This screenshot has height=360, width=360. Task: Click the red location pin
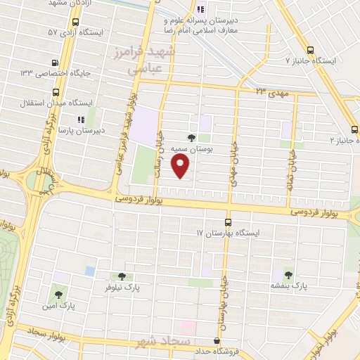181,166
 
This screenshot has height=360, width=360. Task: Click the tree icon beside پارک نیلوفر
122,276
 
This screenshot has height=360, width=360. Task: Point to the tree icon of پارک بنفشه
288,274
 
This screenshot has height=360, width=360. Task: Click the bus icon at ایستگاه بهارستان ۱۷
226,221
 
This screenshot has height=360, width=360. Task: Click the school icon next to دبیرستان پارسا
81,120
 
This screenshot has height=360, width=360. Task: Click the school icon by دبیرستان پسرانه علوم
200,10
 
